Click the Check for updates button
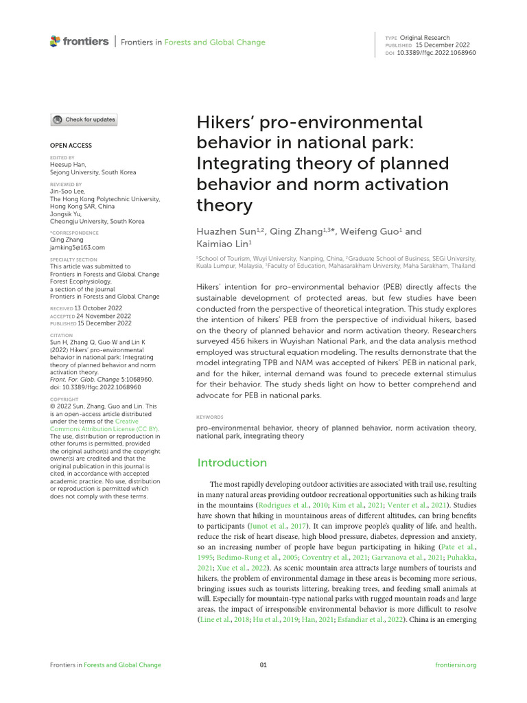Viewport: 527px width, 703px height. pos(84,119)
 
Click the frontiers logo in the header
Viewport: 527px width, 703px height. pos(79,42)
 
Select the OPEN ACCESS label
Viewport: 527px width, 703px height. pos(71,146)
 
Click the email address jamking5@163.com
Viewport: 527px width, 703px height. pos(78,247)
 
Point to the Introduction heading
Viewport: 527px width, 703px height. pos(232,463)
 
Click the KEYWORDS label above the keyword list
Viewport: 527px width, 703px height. pos(210,417)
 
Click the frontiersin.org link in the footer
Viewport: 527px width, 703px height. pos(456,665)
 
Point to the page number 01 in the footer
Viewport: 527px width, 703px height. pos(263,665)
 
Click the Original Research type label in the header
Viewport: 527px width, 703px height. pos(426,38)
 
